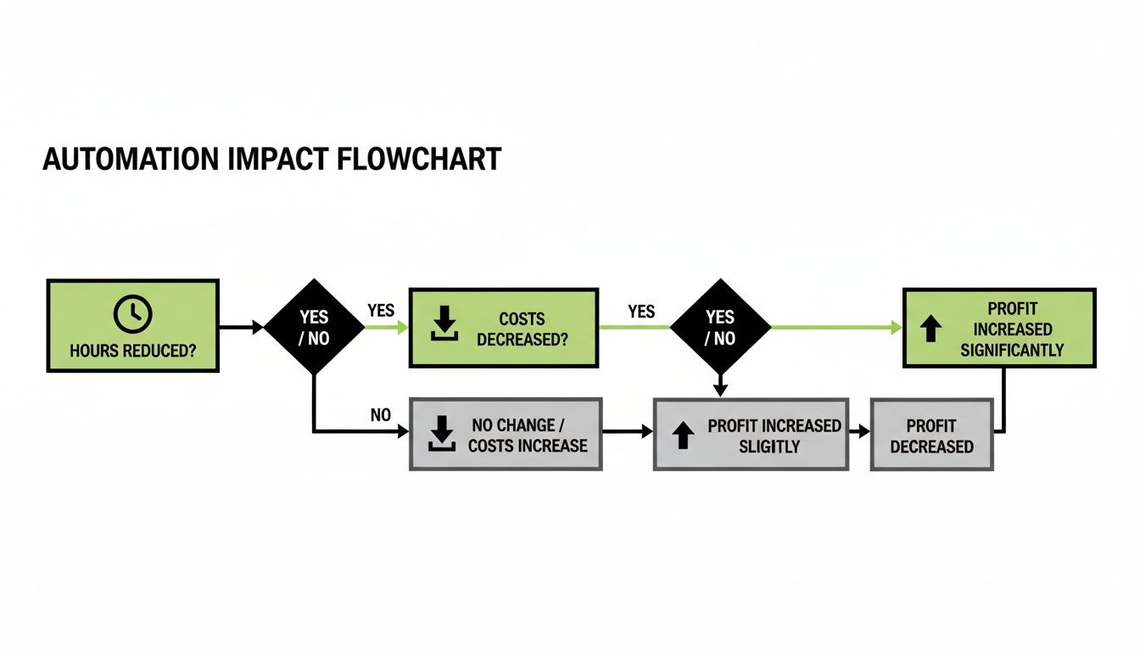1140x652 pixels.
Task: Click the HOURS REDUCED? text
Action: [132, 350]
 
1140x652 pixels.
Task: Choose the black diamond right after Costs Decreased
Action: [720, 327]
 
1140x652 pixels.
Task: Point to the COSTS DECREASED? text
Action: [522, 329]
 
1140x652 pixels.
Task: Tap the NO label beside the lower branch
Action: [381, 416]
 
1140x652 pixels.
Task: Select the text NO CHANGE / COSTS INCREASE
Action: [527, 435]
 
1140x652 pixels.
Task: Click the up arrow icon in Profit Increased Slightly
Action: [682, 436]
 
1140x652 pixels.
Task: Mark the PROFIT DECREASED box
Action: [931, 436]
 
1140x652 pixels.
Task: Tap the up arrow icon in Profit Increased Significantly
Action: [931, 329]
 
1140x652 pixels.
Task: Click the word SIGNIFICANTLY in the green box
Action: [1012, 350]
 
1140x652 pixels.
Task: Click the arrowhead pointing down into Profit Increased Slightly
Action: [720, 391]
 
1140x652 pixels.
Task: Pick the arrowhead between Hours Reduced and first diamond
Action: [258, 327]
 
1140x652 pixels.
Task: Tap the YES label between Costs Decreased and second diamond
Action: [641, 312]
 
